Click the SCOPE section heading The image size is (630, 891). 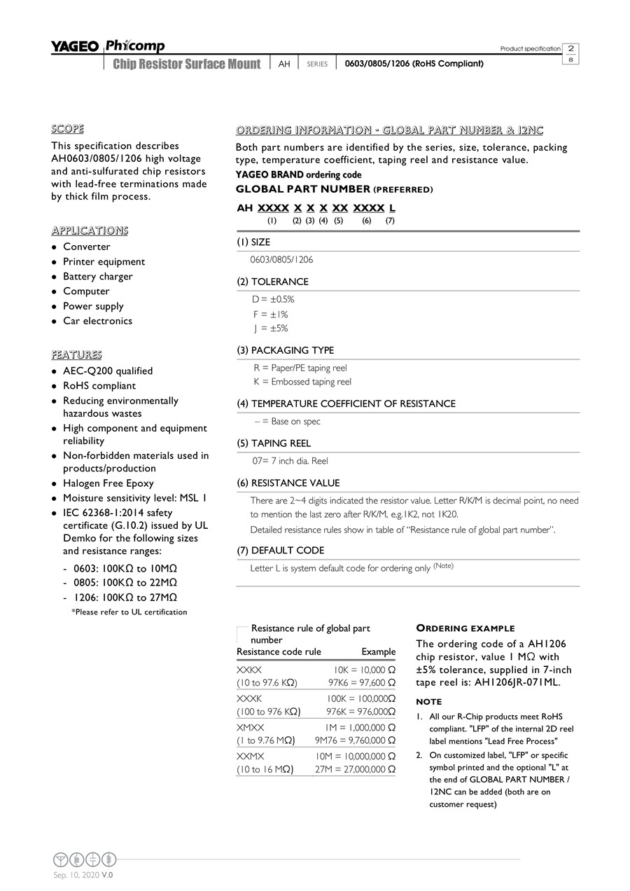tap(67, 129)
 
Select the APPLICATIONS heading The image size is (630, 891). tap(90, 230)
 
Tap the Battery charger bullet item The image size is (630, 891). tap(97, 277)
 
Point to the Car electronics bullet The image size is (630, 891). tap(97, 321)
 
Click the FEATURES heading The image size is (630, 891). tap(76, 354)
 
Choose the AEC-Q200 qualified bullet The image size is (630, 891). tap(108, 371)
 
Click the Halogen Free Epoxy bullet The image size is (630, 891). tap(108, 483)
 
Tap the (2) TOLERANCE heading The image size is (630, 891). tap(272, 282)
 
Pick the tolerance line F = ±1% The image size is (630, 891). tap(270, 315)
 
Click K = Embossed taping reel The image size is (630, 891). tap(302, 382)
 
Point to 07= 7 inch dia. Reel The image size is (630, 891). tap(290, 461)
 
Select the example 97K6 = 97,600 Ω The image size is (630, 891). tap(361, 682)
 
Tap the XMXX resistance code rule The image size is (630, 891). tap(251, 728)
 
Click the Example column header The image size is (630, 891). tap(378, 652)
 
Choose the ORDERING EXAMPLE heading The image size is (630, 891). tap(465, 628)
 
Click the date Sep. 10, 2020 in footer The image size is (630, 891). tap(76, 875)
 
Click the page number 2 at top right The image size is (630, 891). tap(571, 48)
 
